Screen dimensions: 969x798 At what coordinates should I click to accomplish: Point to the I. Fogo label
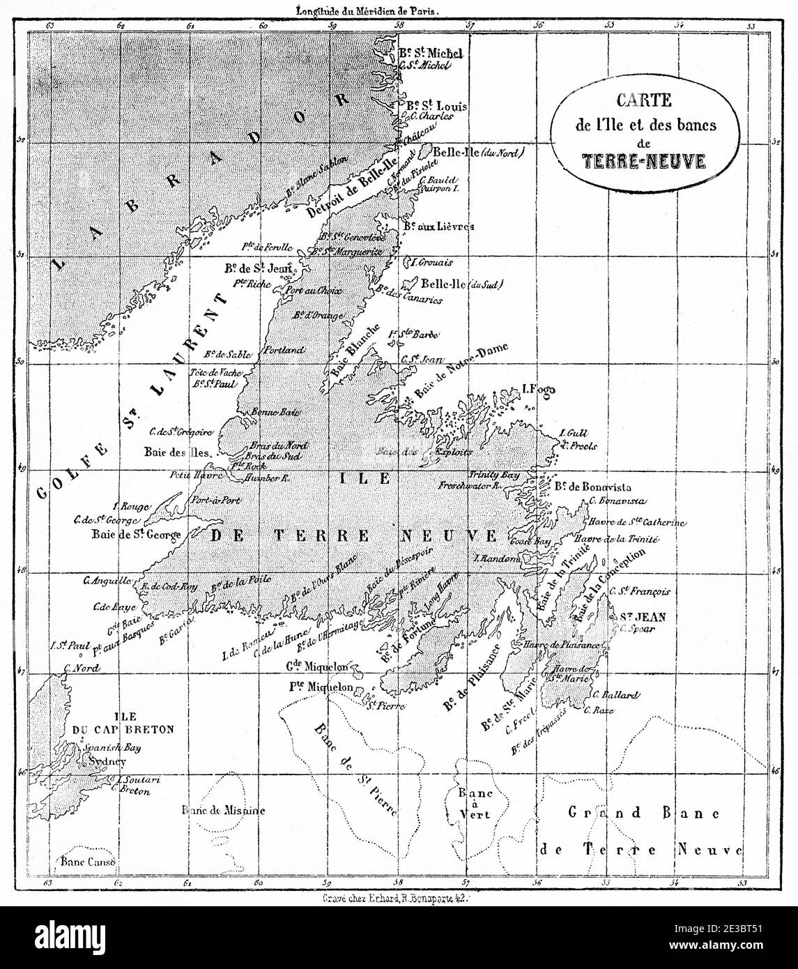tap(538, 390)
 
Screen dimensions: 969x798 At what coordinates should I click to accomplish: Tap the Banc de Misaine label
tap(223, 810)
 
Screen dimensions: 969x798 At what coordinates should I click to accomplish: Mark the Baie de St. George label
tap(136, 535)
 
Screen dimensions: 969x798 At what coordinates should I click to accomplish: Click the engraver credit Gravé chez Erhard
tap(399, 900)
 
